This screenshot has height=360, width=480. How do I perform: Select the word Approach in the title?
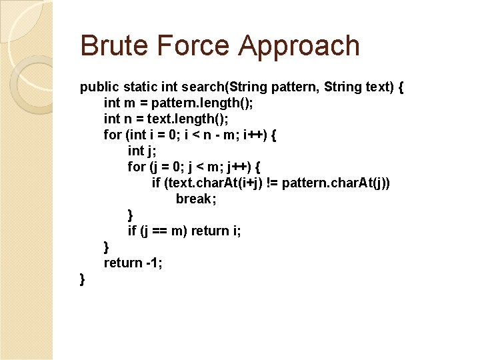click(299, 45)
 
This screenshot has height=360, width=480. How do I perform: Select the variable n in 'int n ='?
click(128, 119)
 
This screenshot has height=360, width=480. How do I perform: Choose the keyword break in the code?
click(193, 199)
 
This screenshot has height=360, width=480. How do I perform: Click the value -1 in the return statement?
click(154, 263)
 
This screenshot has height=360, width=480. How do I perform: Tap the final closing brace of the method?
click(83, 279)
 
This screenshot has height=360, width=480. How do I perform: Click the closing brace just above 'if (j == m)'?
click(131, 215)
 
